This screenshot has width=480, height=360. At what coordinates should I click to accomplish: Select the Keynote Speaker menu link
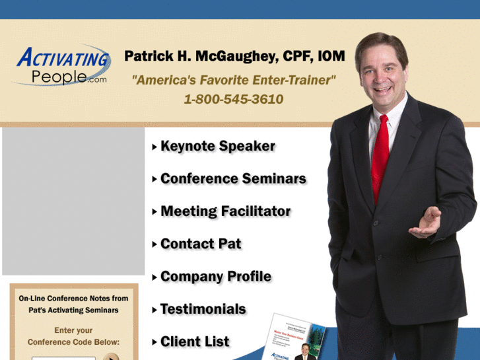tap(217, 147)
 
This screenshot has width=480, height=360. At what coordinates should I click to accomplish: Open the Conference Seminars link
tap(233, 179)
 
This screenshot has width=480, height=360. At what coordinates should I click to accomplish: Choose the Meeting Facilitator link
tap(225, 211)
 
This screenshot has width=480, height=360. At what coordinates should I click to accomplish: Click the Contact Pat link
tap(201, 244)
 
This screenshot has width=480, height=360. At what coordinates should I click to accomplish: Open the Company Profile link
tap(215, 276)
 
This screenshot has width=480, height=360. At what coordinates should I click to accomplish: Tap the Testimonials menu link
tap(203, 309)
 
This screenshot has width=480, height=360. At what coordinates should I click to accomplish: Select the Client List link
tap(195, 342)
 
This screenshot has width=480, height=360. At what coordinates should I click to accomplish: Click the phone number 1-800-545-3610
tap(234, 100)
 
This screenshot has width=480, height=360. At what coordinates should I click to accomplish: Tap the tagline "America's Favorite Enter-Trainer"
tap(234, 80)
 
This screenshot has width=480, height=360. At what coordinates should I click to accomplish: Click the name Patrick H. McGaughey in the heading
tap(199, 57)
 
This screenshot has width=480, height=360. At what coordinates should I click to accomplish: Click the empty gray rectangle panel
tap(73, 201)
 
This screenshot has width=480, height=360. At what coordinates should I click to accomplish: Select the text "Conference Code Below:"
tap(73, 342)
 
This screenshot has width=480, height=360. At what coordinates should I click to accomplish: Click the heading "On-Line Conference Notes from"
tap(73, 299)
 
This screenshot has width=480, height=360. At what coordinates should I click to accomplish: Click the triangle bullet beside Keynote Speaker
tap(154, 147)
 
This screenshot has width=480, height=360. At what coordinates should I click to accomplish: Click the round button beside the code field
tap(111, 357)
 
